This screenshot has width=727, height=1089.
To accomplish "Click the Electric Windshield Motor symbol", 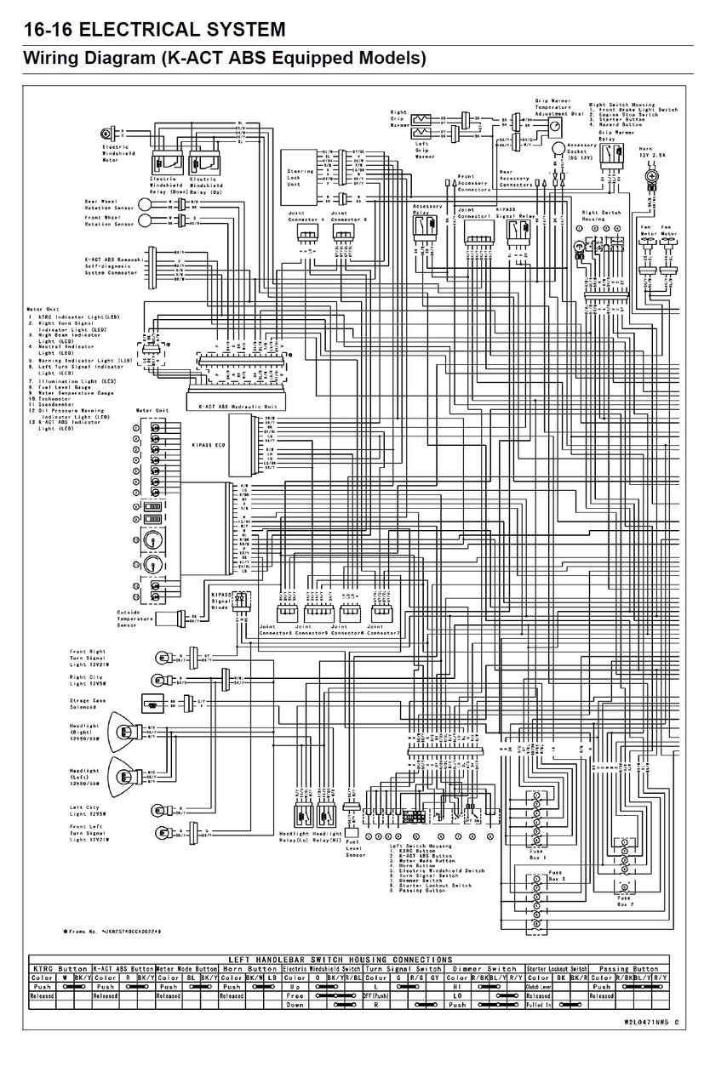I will pos(107,134).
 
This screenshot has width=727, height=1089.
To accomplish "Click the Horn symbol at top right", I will pos(652,175).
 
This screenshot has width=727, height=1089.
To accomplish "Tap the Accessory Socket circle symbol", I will pos(558,149).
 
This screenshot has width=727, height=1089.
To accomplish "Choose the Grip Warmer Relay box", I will pos(612,156).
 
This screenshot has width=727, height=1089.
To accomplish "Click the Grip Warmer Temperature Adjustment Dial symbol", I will pos(554,126).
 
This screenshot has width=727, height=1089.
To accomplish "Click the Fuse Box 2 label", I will pos(624,901).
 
